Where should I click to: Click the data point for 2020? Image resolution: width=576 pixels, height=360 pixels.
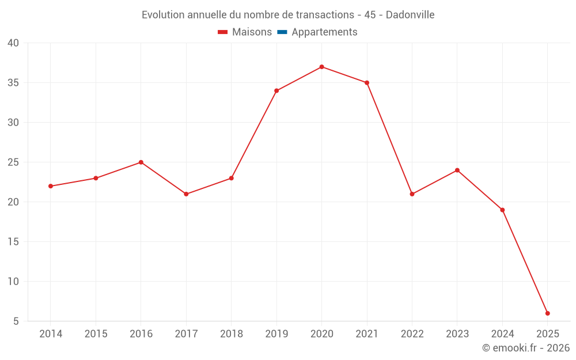pyautogui.click(x=321, y=67)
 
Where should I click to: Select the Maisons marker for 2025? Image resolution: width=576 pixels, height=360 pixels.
pyautogui.click(x=547, y=313)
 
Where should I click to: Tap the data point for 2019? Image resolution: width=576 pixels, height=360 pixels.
pyautogui.click(x=276, y=90)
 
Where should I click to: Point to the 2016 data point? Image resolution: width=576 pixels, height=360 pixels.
pyautogui.click(x=141, y=162)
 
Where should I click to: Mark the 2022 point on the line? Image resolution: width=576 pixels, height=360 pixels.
pyautogui.click(x=412, y=194)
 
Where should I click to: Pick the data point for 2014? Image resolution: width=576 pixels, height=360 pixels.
pyautogui.click(x=51, y=186)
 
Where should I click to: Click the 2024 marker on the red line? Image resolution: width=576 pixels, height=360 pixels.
pyautogui.click(x=502, y=210)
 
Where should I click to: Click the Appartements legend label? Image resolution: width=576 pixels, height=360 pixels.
pyautogui.click(x=324, y=32)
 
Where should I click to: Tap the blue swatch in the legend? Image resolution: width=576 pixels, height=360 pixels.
pyautogui.click(x=282, y=32)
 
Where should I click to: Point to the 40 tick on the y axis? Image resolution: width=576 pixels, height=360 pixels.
pyautogui.click(x=13, y=43)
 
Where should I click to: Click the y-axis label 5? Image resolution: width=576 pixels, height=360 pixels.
pyautogui.click(x=16, y=321)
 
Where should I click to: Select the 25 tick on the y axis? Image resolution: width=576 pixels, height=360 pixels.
pyautogui.click(x=13, y=162)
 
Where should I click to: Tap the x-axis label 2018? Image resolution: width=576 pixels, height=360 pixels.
pyautogui.click(x=231, y=334)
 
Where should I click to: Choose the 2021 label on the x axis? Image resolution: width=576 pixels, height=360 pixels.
pyautogui.click(x=366, y=334)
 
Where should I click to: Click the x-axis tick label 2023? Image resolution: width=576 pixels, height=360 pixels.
pyautogui.click(x=457, y=334)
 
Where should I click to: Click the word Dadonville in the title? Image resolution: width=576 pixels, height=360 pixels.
pyautogui.click(x=410, y=14)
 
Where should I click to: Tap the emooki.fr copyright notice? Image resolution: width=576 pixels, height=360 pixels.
pyautogui.click(x=526, y=348)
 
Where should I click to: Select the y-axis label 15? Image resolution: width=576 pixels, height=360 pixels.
pyautogui.click(x=13, y=242)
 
